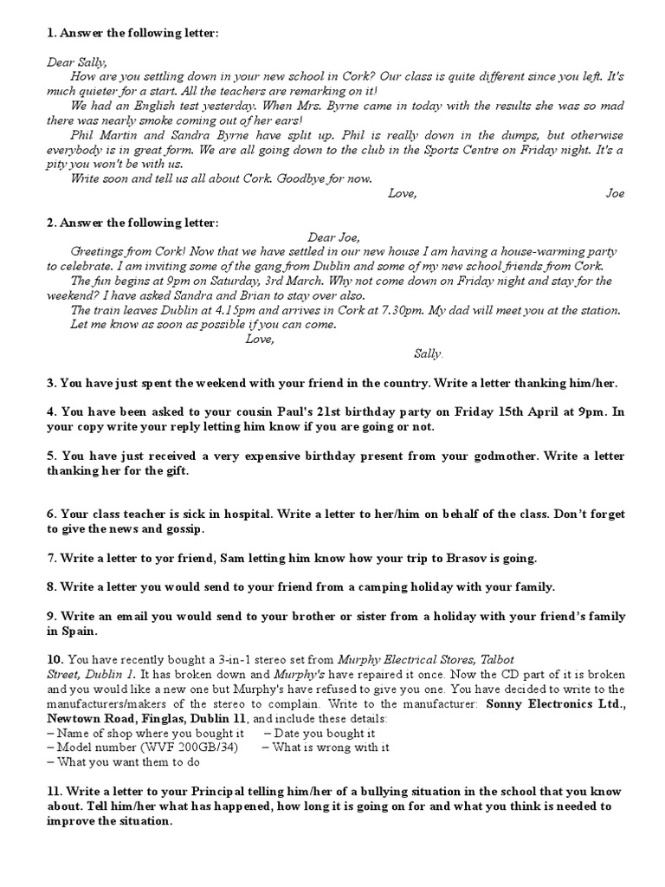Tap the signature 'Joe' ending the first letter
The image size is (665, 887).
point(615,193)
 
